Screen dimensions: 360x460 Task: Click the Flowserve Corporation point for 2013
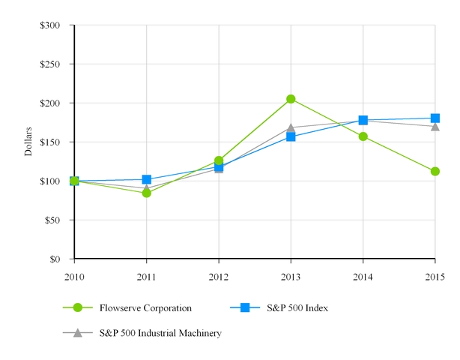[291, 99]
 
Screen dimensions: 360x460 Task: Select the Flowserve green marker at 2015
[435, 171]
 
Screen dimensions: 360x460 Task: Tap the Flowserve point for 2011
[147, 193]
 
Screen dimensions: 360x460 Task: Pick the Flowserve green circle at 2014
[363, 136]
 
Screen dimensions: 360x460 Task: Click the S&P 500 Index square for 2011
[147, 179]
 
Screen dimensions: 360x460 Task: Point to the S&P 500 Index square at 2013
[291, 136]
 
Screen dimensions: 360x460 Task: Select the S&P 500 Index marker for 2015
[435, 118]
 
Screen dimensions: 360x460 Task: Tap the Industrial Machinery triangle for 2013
[291, 127]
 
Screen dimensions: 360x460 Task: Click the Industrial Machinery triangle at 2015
[435, 126]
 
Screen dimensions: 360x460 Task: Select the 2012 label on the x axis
[219, 277]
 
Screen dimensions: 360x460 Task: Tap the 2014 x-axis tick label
[363, 277]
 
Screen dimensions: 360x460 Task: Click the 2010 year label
[74, 277]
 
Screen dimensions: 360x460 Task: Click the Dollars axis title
[28, 142]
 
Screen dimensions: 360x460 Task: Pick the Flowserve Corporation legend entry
[145, 307]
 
